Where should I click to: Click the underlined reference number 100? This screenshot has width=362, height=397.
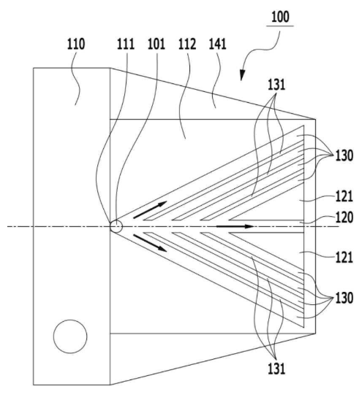click(280, 18)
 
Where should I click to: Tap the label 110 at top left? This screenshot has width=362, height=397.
click(76, 44)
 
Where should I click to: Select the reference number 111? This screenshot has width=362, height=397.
click(126, 44)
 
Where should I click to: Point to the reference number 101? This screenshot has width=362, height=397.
click(157, 44)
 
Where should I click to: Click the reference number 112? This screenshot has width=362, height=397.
click(187, 44)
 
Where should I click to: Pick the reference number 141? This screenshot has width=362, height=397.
click(218, 44)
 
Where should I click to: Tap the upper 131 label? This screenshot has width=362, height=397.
click(276, 85)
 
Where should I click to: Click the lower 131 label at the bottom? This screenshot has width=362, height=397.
click(276, 369)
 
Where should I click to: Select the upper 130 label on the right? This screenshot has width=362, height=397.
click(344, 155)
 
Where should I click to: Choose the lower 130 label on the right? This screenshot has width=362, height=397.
click(344, 298)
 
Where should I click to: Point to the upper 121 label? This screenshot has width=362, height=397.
click(344, 196)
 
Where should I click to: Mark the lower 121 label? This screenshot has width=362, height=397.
click(344, 258)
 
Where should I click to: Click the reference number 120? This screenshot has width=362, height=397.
click(344, 217)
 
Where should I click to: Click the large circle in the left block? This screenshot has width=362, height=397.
click(70, 336)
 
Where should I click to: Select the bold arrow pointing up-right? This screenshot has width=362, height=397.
click(150, 210)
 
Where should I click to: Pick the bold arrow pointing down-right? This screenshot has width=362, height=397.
click(150, 243)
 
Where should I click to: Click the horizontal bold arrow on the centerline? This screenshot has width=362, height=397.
click(235, 226)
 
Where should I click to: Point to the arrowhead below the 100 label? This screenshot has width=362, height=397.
click(243, 76)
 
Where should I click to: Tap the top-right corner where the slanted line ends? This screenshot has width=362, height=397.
click(316, 119)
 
